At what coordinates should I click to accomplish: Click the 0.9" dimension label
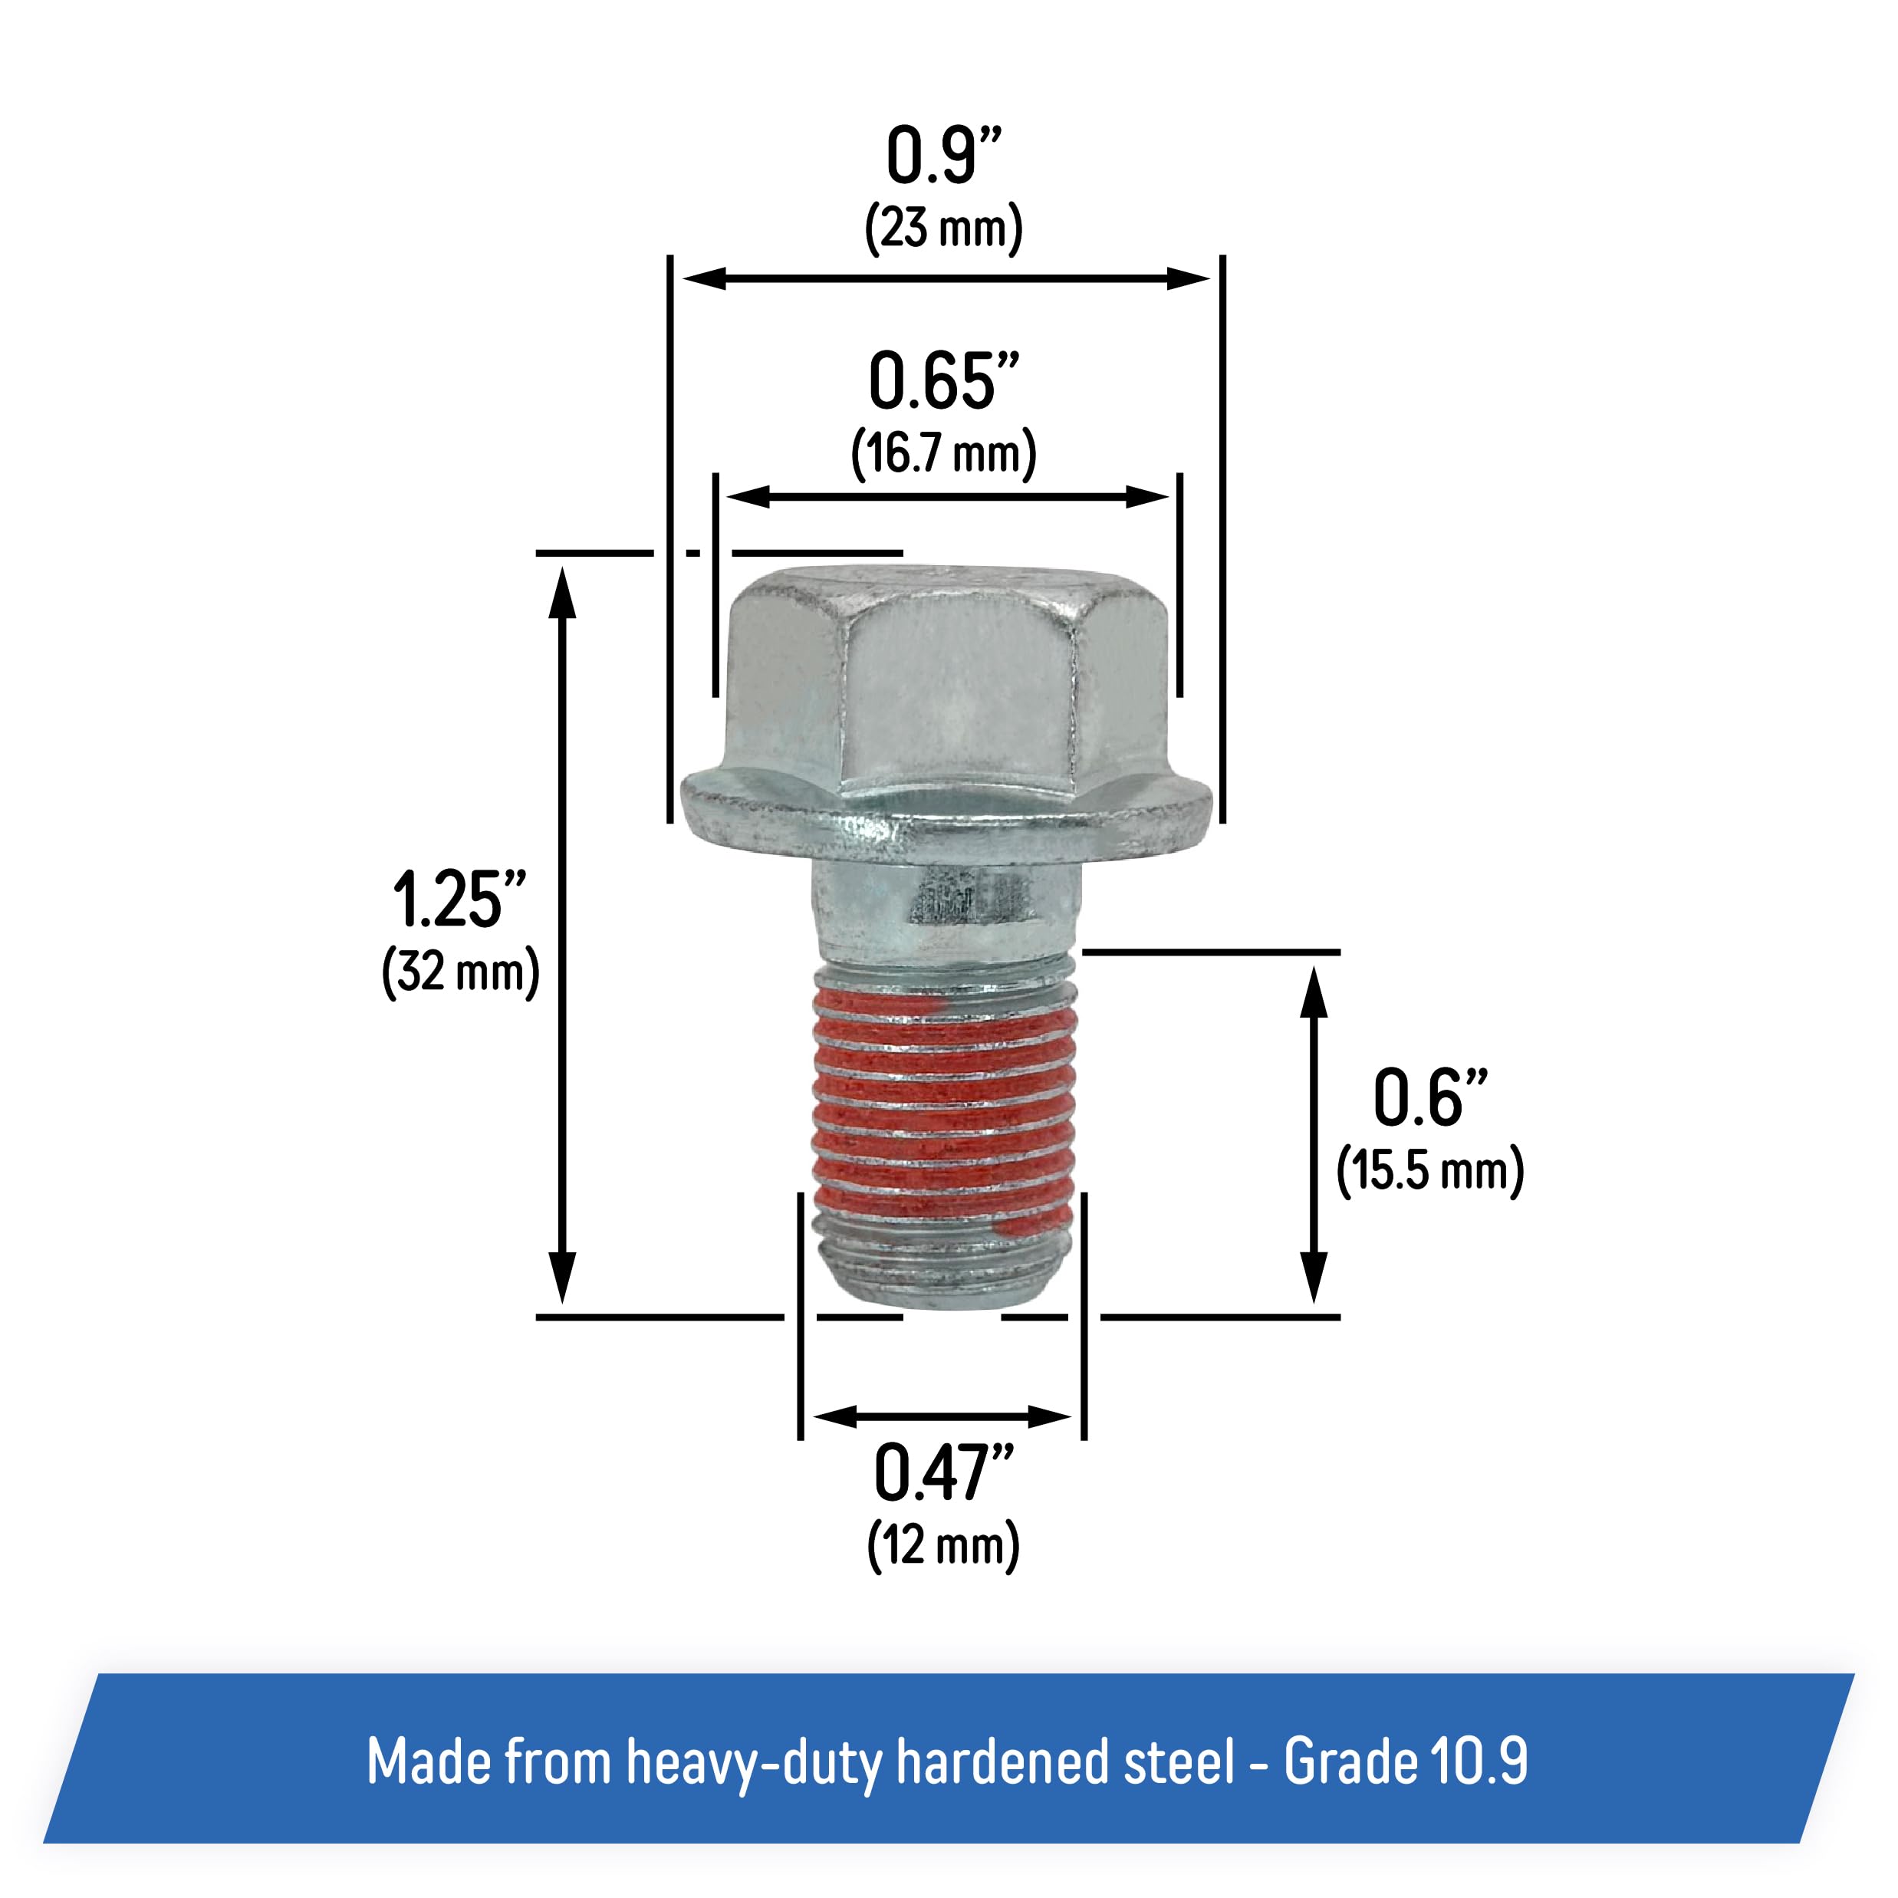tap(943, 156)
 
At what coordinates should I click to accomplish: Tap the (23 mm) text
tap(943, 228)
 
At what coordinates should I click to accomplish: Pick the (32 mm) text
tap(460, 972)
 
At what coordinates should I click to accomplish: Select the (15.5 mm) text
tap(1429, 1170)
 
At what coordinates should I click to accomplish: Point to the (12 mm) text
tap(943, 1545)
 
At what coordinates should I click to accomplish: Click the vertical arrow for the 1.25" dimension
tap(562, 934)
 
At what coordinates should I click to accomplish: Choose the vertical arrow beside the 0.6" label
tap(1314, 1135)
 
